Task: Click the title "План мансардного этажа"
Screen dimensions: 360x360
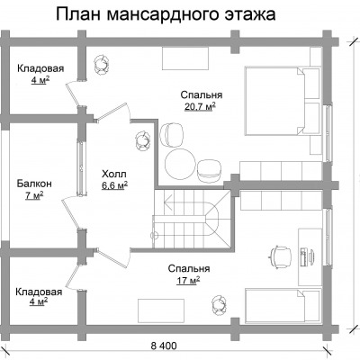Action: pyautogui.click(x=166, y=14)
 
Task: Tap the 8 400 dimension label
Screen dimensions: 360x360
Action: pyautogui.click(x=164, y=346)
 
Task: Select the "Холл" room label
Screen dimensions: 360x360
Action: pyautogui.click(x=114, y=174)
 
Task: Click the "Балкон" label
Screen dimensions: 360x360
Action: pyautogui.click(x=34, y=184)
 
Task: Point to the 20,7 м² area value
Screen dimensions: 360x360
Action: pyautogui.click(x=201, y=106)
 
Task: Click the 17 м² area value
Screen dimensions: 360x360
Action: pyautogui.click(x=188, y=281)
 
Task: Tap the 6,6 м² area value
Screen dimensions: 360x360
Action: pyautogui.click(x=114, y=186)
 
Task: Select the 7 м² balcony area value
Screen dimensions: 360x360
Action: pyautogui.click(x=34, y=195)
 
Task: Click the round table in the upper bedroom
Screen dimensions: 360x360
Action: pyautogui.click(x=179, y=164)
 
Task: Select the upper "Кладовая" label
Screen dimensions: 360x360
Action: pyautogui.click(x=40, y=68)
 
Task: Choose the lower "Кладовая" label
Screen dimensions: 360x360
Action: pyautogui.click(x=39, y=292)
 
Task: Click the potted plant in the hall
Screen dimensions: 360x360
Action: pyautogui.click(x=142, y=141)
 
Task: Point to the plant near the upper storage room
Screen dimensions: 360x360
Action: pyautogui.click(x=102, y=64)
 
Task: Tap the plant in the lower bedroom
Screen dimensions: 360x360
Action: pyautogui.click(x=219, y=303)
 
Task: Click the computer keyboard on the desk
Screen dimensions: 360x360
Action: pyautogui.click(x=303, y=256)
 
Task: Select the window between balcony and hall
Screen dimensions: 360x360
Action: pyautogui.click(x=82, y=168)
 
